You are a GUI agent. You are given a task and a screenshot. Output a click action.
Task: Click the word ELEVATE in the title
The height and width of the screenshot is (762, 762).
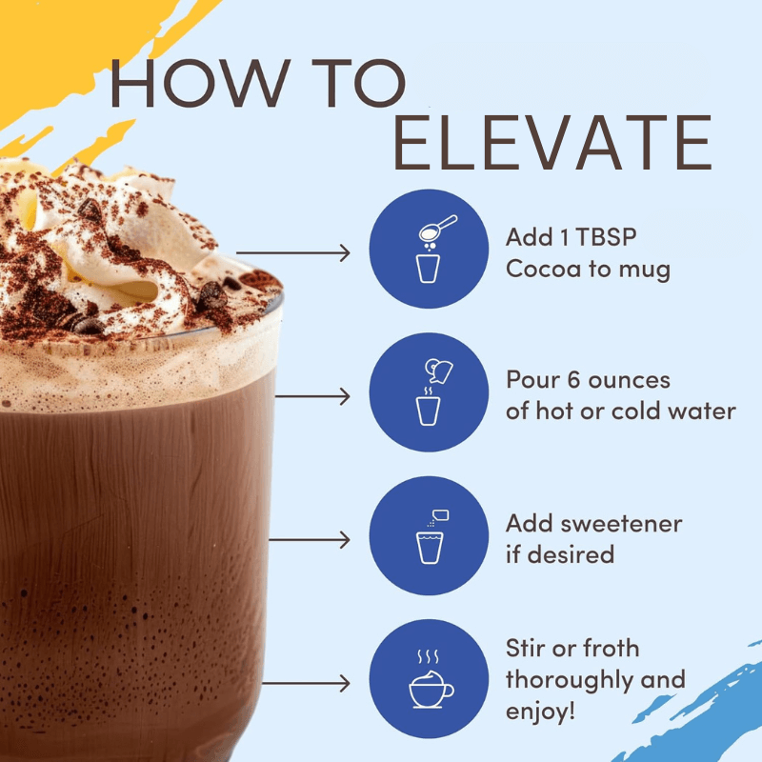point(552,142)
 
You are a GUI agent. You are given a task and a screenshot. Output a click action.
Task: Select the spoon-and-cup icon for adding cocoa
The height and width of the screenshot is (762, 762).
point(429,249)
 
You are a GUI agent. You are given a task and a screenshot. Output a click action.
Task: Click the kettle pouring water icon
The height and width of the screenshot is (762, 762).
point(429,391)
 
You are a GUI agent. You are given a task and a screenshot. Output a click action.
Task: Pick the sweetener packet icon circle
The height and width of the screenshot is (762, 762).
point(429,535)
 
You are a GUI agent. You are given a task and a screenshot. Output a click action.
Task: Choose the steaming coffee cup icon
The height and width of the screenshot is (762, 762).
point(429,678)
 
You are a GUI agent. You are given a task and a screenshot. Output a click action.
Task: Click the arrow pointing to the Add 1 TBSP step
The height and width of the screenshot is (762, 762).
point(293,252)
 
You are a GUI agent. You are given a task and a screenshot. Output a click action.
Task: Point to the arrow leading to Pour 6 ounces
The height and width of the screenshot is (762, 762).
point(312,396)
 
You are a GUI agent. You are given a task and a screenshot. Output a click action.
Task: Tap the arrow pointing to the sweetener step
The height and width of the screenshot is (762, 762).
point(310,539)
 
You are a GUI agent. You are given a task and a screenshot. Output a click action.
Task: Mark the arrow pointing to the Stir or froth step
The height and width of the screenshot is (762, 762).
point(306,683)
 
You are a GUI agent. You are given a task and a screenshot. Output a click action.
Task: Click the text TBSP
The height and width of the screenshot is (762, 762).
point(606,237)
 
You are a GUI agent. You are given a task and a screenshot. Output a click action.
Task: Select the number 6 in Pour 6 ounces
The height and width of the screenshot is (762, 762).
point(574,379)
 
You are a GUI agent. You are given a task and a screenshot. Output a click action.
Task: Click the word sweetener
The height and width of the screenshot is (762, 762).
point(621,524)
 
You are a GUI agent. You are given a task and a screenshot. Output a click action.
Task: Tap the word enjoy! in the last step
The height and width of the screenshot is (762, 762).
point(540,712)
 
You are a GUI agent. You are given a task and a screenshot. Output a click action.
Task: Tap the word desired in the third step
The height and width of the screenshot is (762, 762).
point(571,554)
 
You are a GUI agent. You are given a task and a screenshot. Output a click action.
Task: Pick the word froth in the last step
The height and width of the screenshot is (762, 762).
point(611,649)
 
